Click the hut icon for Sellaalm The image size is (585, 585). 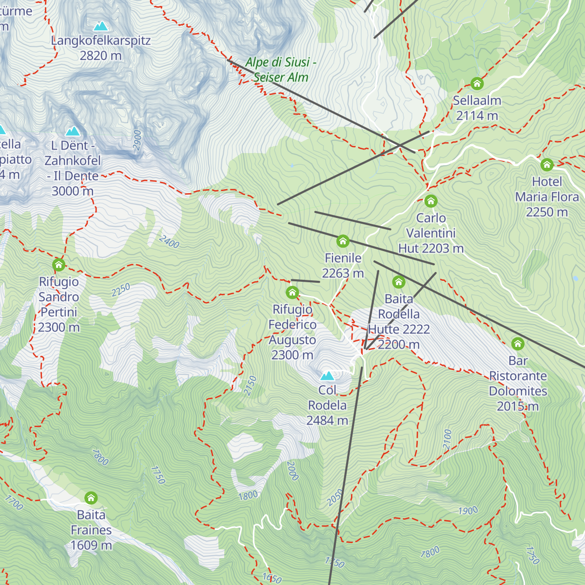pyautogui.click(x=477, y=83)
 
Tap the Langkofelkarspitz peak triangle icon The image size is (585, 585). pyautogui.click(x=101, y=26)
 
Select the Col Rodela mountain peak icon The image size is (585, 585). pyautogui.click(x=328, y=376)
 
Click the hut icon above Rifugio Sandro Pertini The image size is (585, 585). pyautogui.click(x=59, y=265)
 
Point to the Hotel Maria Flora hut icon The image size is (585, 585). pyautogui.click(x=547, y=164)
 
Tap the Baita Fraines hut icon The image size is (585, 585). pyautogui.click(x=91, y=498)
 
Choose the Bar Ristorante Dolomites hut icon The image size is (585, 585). pyautogui.click(x=518, y=344)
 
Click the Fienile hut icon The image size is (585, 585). pyautogui.click(x=343, y=241)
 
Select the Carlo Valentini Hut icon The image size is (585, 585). pyautogui.click(x=430, y=201)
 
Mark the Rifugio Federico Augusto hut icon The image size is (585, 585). pyautogui.click(x=292, y=292)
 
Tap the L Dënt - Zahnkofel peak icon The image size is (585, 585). pyautogui.click(x=74, y=131)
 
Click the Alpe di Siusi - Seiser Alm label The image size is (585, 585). pyautogui.click(x=281, y=69)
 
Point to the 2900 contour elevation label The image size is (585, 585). pyautogui.click(x=137, y=140)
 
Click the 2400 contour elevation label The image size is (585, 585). pyautogui.click(x=169, y=242)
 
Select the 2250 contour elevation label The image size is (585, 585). pyautogui.click(x=120, y=290)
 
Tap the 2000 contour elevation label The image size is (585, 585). pyautogui.click(x=292, y=470)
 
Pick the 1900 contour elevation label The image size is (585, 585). pyautogui.click(x=468, y=511)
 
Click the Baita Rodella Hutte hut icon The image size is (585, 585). pyautogui.click(x=399, y=282)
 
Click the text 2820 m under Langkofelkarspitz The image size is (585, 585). pyautogui.click(x=100, y=56)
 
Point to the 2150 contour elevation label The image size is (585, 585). pyautogui.click(x=250, y=385)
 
